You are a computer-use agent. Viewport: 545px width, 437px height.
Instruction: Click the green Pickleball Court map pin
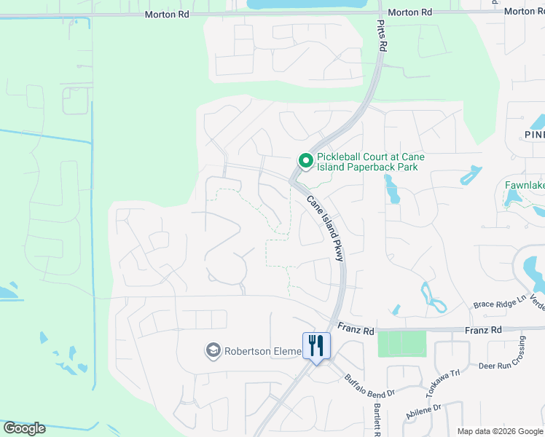click(306, 160)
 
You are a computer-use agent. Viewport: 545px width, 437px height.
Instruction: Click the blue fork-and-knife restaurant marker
click(316, 345)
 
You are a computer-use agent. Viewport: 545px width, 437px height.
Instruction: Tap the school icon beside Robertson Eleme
click(213, 351)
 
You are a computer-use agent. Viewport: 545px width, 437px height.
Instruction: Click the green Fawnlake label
click(525, 185)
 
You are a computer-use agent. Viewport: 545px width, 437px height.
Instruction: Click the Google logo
click(24, 428)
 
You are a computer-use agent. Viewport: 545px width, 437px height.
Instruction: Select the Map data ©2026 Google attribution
click(500, 431)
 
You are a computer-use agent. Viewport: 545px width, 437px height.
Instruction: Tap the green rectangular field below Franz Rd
click(401, 344)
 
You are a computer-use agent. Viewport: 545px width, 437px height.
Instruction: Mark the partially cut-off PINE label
click(534, 135)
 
